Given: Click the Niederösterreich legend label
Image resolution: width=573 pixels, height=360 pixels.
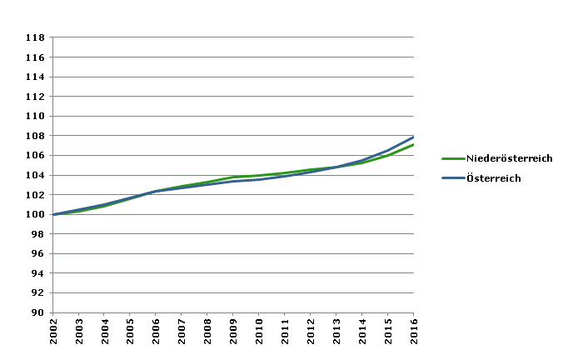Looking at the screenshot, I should click(509, 158).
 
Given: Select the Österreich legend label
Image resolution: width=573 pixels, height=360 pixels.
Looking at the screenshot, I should click(493, 177).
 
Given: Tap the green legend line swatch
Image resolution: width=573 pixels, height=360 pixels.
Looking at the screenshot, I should click(452, 158).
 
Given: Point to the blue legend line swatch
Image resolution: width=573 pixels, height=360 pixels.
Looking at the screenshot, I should click(452, 177).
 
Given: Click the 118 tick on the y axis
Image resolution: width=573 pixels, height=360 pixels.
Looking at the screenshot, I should click(35, 37).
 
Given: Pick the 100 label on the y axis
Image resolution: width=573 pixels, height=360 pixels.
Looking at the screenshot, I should click(35, 214).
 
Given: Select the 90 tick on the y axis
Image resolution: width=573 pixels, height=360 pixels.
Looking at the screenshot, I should click(37, 312).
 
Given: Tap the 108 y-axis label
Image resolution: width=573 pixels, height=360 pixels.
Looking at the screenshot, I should click(35, 136).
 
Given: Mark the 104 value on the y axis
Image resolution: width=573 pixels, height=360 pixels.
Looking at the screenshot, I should click(35, 175).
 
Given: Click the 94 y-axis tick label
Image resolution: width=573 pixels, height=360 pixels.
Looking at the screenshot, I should click(37, 273).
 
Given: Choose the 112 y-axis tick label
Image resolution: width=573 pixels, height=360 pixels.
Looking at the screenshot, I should click(35, 97).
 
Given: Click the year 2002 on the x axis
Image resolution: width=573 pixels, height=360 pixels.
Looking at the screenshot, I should click(53, 332).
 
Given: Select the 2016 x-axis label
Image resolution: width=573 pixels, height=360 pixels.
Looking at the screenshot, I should click(413, 332).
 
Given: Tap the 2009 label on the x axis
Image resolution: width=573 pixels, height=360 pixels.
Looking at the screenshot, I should click(233, 332).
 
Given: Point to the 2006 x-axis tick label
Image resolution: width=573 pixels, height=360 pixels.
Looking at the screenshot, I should click(156, 332).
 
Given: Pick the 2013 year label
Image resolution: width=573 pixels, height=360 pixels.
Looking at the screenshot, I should click(336, 332).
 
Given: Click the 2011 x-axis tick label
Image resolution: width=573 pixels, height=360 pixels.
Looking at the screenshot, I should click(285, 332).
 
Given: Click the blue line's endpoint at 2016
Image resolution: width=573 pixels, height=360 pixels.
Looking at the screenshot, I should click(413, 137).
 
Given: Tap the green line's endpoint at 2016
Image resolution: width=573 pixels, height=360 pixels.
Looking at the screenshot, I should click(413, 145).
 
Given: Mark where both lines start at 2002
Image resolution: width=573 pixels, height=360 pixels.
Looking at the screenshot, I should click(53, 214).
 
